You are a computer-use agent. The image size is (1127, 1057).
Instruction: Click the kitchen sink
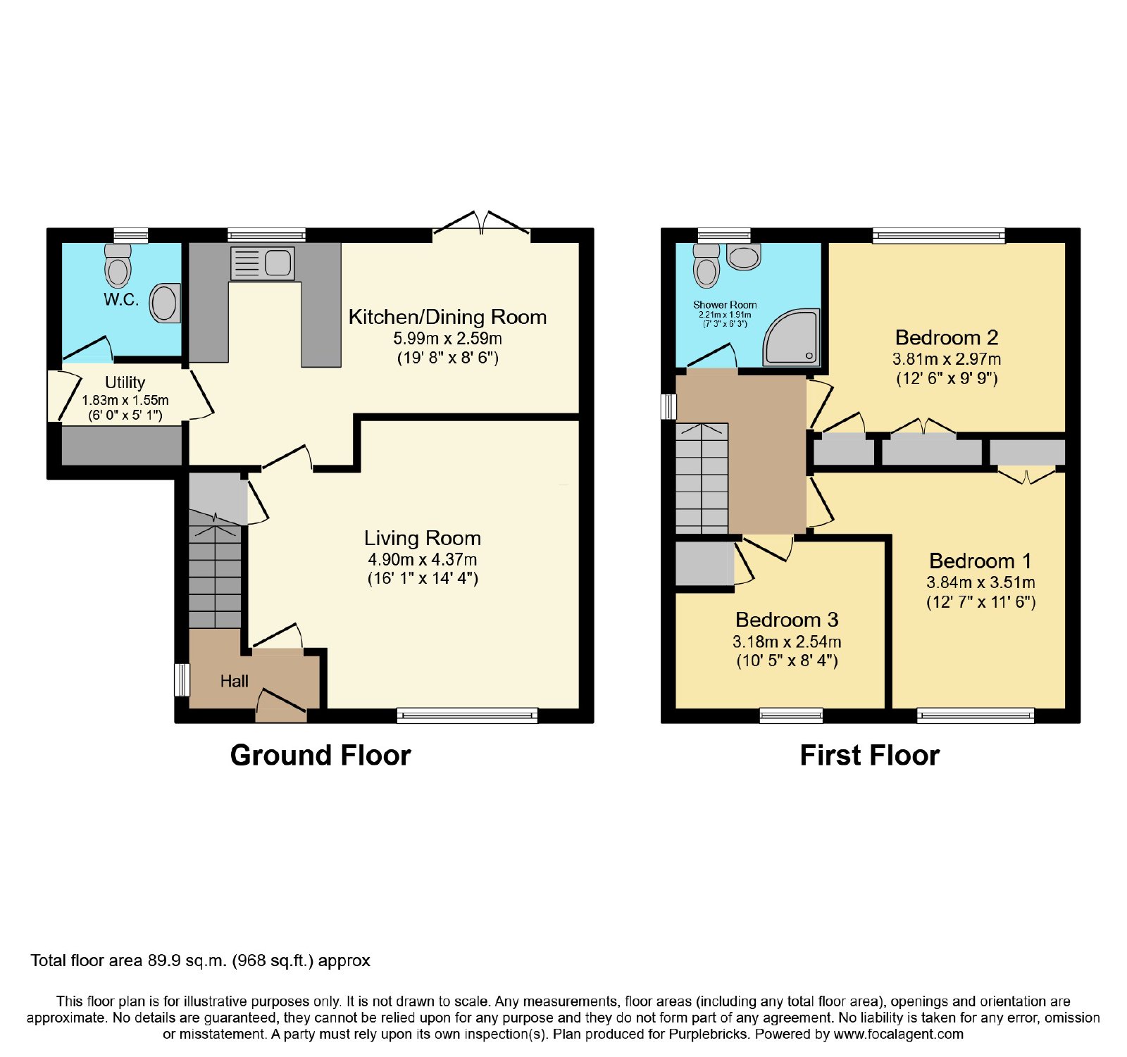[262, 263]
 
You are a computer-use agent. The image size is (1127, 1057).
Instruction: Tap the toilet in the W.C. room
[118, 266]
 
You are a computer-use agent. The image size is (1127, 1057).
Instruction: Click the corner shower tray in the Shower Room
[792, 337]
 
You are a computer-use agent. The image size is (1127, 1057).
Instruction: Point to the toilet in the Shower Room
[706, 265]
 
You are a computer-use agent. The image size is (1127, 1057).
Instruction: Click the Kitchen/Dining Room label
[448, 317]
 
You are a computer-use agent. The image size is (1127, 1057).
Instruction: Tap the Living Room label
[423, 538]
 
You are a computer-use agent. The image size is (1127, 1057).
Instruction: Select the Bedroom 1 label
[980, 561]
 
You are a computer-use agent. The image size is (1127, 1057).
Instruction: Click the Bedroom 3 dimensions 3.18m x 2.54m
[787, 642]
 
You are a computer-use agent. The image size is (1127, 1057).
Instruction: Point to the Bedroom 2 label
[947, 337]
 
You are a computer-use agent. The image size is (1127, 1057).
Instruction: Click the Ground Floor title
[320, 755]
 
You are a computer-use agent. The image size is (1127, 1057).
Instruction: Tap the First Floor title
[870, 755]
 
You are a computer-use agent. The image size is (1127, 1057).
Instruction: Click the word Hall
[235, 681]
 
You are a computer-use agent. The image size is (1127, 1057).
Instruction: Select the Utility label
[125, 382]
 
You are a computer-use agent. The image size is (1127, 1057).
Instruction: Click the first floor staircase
[702, 478]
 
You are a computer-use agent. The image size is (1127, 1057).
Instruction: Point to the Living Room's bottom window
[468, 715]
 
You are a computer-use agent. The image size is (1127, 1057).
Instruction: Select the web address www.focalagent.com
[899, 1034]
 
